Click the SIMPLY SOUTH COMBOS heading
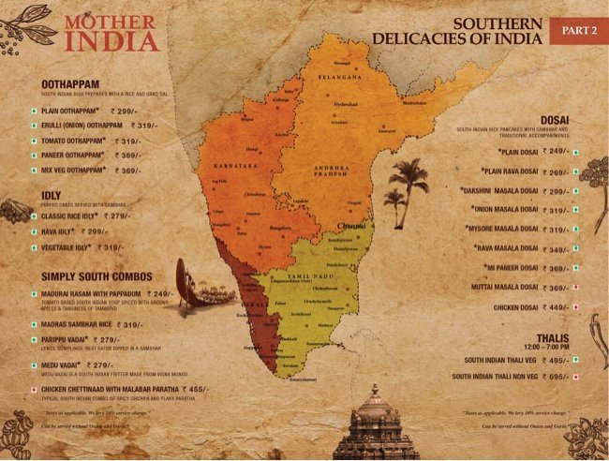(98, 277)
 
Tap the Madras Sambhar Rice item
(81, 325)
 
